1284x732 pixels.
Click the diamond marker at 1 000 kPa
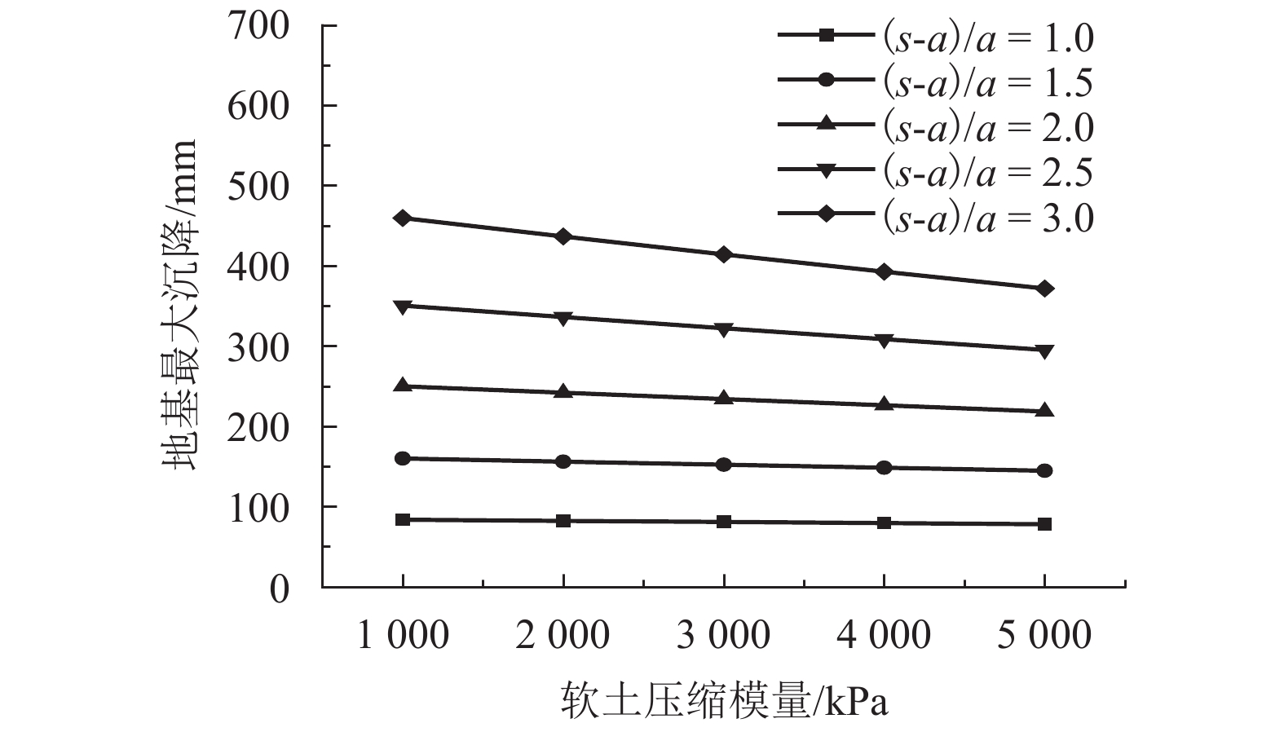(x=403, y=218)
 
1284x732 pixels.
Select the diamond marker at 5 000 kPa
(x=1045, y=289)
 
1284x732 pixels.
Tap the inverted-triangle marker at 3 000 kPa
(x=724, y=329)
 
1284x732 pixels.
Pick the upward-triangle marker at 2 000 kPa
(x=563, y=392)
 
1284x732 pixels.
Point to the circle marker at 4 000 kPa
(x=885, y=467)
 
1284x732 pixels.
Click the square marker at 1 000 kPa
(x=403, y=519)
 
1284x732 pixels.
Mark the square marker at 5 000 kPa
(x=1045, y=523)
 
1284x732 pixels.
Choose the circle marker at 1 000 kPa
(x=403, y=458)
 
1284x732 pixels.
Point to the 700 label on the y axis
(x=258, y=27)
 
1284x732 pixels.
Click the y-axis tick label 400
(x=258, y=267)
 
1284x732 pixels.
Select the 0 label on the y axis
(x=279, y=588)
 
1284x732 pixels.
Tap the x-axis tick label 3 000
(x=723, y=635)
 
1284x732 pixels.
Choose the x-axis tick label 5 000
(x=1044, y=635)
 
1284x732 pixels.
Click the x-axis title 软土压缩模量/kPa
(x=724, y=702)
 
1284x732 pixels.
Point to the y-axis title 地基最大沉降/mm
(x=179, y=305)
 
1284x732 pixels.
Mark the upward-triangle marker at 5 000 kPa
(x=1045, y=410)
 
